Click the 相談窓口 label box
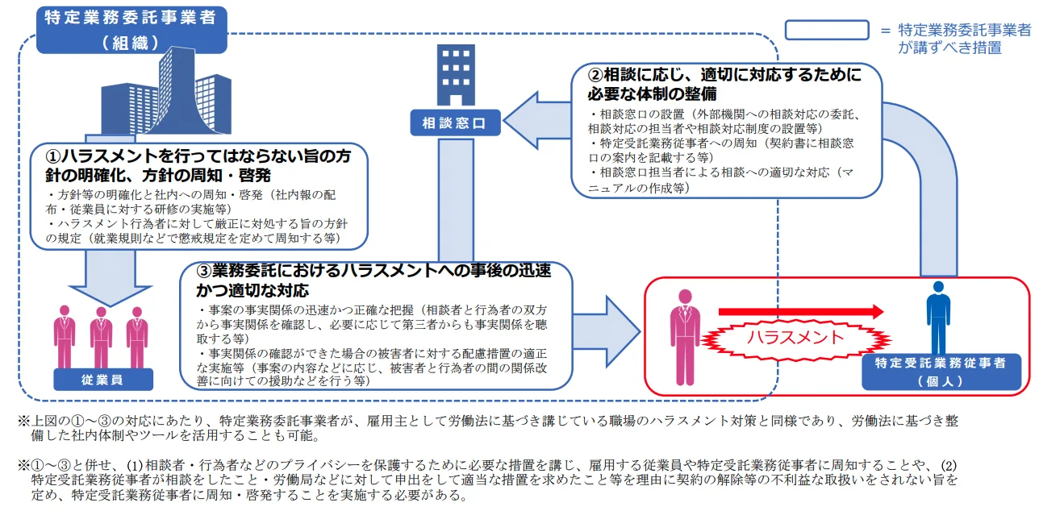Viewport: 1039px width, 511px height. click(455, 123)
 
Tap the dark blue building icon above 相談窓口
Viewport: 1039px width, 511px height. click(457, 74)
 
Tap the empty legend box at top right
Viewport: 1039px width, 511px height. click(826, 30)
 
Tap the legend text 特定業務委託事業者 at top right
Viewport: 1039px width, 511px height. click(965, 31)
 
